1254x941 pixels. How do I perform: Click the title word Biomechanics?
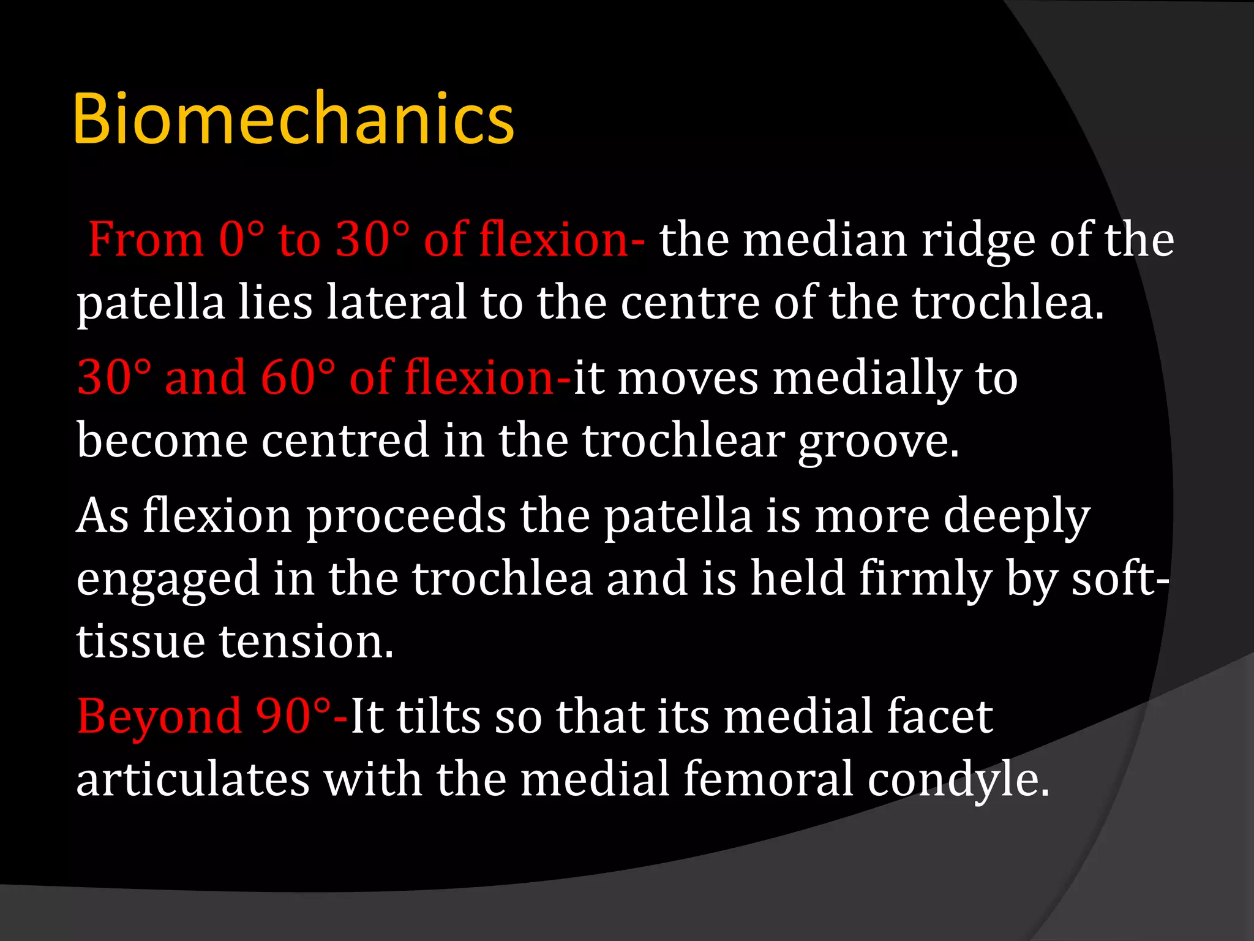pyautogui.click(x=293, y=119)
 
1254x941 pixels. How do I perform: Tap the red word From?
pyautogui.click(x=146, y=240)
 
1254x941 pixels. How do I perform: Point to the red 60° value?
pyautogui.click(x=298, y=377)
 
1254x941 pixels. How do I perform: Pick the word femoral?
pyautogui.click(x=768, y=779)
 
